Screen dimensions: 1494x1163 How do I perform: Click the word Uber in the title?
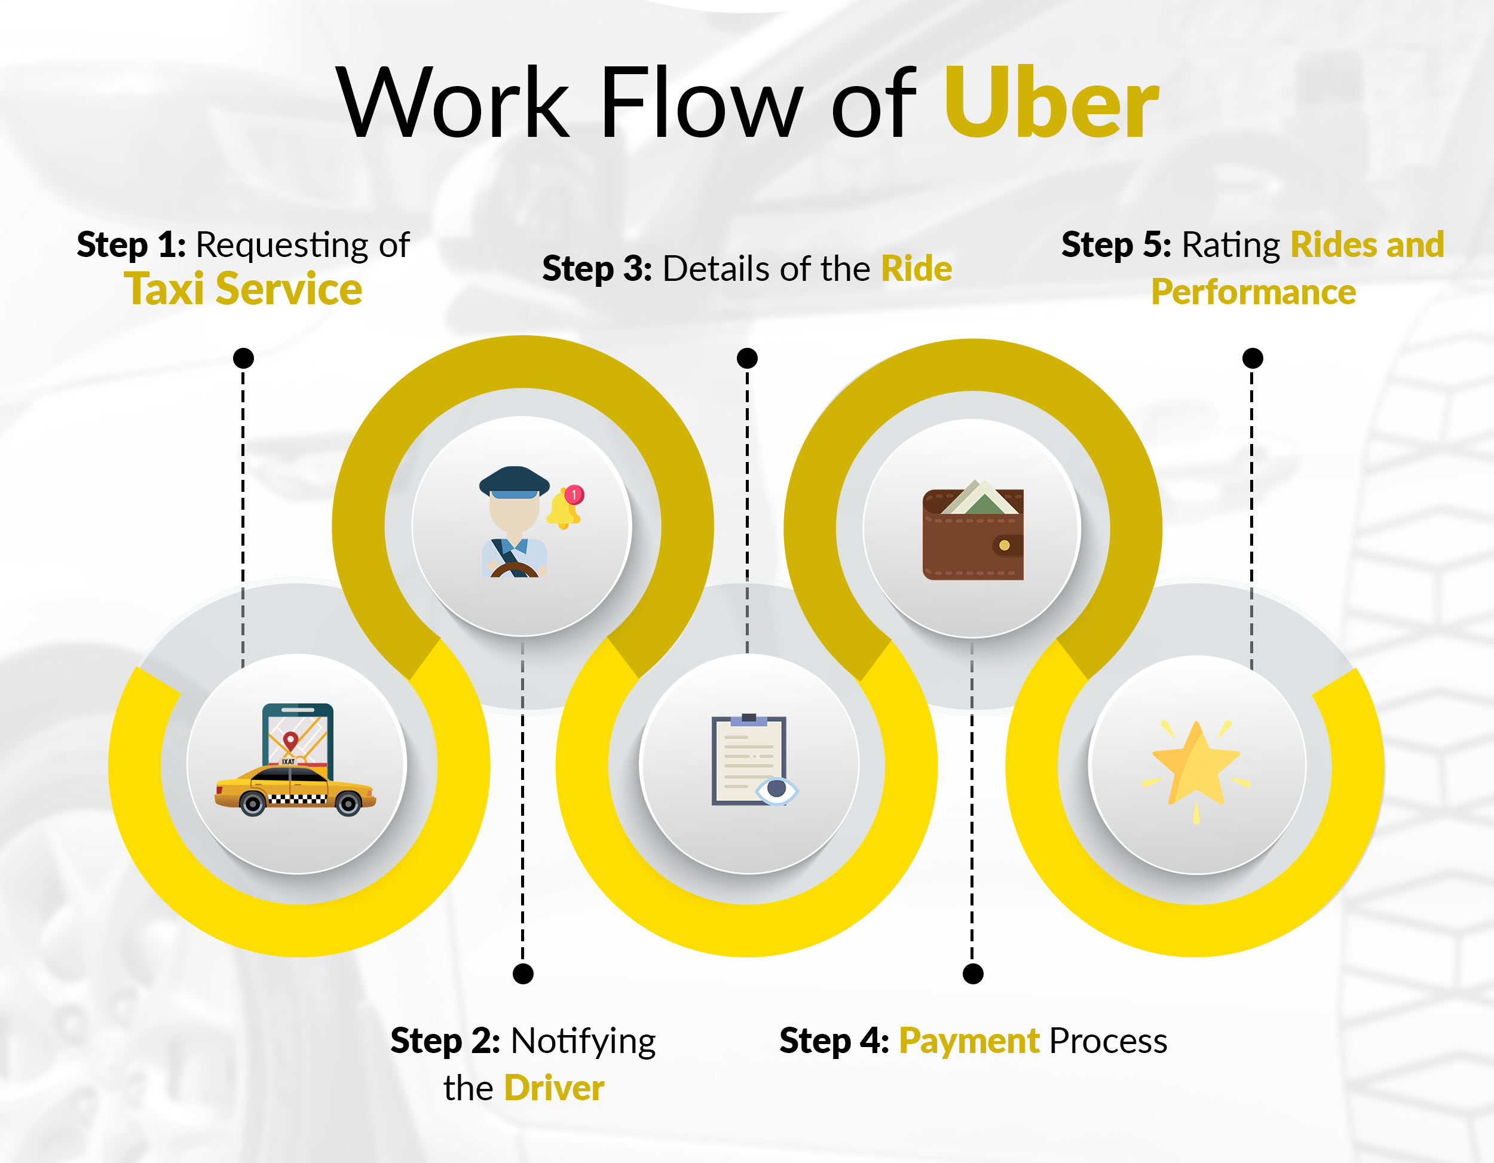(1051, 103)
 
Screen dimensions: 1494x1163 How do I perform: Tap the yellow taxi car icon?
(296, 790)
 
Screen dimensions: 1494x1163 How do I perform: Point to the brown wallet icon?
(973, 530)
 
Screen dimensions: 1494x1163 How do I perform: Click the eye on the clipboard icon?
(776, 790)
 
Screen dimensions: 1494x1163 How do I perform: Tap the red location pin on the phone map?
(290, 742)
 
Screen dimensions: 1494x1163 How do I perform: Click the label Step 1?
(131, 245)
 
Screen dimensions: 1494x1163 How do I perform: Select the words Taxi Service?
(243, 289)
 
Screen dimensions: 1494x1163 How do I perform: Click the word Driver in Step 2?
(554, 1088)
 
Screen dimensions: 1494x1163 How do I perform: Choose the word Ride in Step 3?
(917, 268)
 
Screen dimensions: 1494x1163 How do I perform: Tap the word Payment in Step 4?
(969, 1041)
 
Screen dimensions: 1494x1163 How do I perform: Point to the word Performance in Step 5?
(1253, 292)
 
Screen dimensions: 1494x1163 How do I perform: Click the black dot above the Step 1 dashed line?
(244, 358)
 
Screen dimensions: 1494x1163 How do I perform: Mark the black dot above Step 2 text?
(523, 974)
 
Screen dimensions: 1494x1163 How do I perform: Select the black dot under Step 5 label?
(1253, 358)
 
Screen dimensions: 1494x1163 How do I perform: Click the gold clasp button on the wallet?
(1004, 545)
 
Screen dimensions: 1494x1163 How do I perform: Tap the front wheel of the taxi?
(252, 804)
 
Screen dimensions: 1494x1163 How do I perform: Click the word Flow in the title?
(701, 103)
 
